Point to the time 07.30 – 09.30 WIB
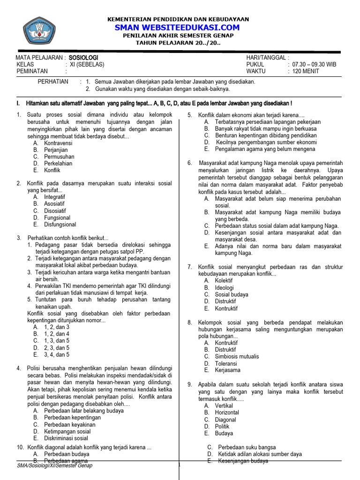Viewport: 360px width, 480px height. coord(314,64)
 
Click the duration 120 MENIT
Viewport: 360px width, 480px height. coord(307,71)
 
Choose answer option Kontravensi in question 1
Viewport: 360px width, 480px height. coord(58,143)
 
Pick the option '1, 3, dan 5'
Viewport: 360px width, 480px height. coord(57,341)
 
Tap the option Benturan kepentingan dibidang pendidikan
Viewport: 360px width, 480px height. coord(266,135)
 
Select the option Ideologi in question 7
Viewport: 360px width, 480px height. coord(224,288)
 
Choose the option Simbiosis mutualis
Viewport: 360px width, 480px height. coord(237,356)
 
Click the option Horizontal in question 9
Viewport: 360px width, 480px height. coord(227,412)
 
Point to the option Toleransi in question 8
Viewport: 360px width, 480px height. coord(226,363)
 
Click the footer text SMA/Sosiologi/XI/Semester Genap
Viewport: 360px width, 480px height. coord(54,465)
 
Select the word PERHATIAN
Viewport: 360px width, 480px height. coord(52,82)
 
